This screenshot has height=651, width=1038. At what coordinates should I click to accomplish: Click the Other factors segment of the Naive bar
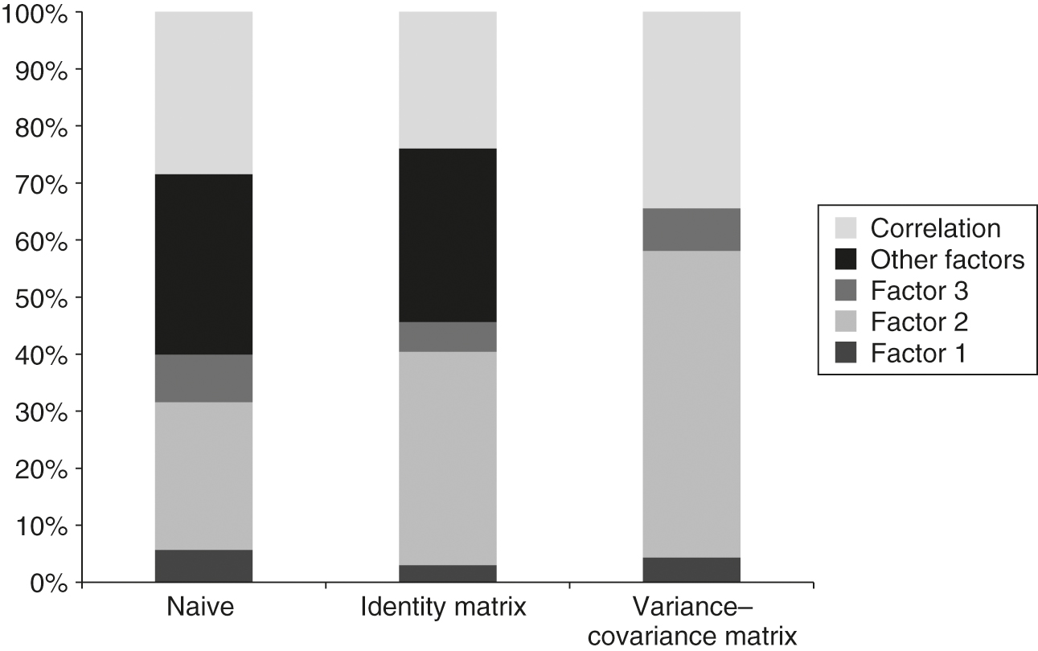coord(203,264)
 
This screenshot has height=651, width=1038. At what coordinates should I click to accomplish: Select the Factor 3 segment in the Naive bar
coord(203,379)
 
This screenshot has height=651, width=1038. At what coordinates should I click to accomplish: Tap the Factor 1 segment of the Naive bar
coord(203,566)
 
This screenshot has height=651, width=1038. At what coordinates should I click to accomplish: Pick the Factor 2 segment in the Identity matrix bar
coord(447,458)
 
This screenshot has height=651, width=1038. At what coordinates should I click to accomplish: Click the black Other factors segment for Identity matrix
coord(447,235)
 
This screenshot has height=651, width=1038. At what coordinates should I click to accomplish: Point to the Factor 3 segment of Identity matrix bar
coord(447,337)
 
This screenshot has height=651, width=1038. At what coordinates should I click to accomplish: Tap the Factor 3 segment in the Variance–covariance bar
coord(691,230)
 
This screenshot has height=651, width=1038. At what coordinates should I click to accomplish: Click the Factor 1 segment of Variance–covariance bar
coord(691,570)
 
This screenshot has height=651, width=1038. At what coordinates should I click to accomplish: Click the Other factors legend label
coord(937,260)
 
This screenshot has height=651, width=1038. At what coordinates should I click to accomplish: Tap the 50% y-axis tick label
coord(40,298)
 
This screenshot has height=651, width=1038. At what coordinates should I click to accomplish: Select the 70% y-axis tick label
coord(40,184)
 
